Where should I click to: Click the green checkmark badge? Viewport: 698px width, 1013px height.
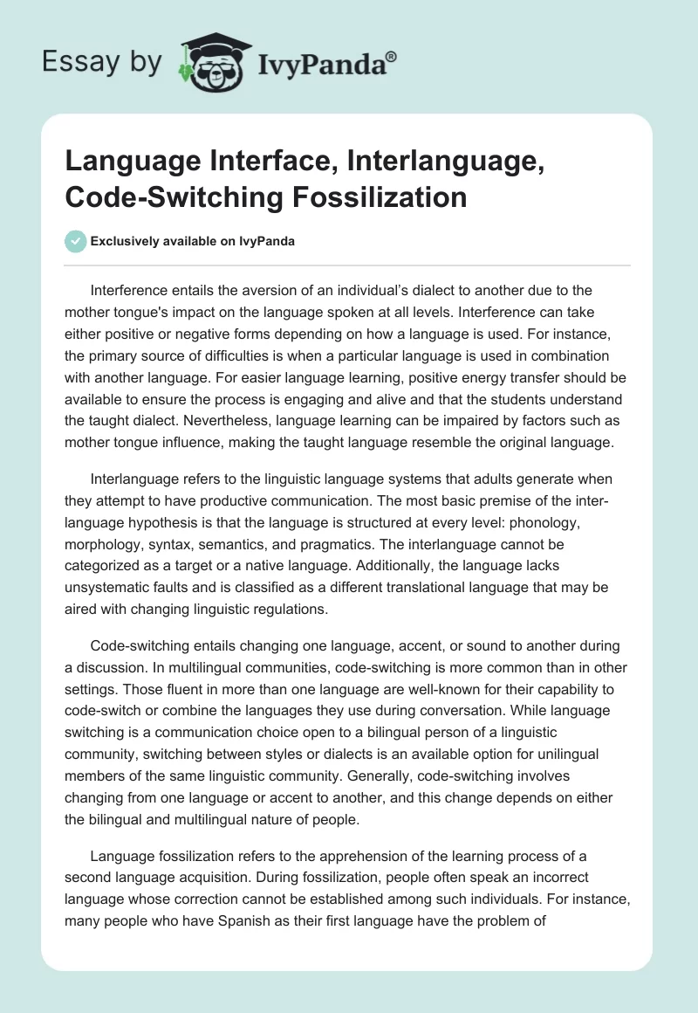pos(76,241)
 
